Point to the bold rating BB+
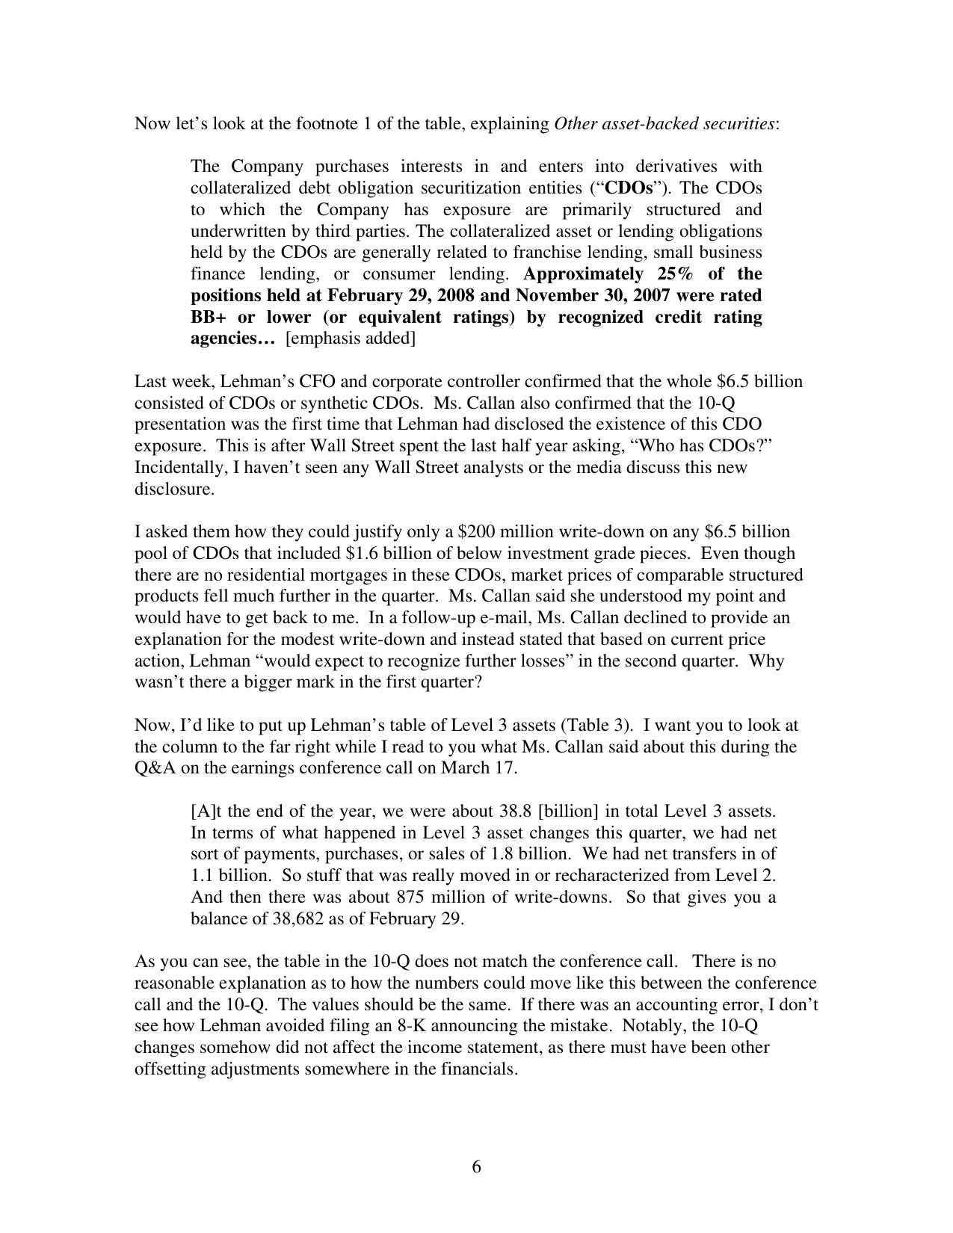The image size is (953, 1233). pos(211,317)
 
